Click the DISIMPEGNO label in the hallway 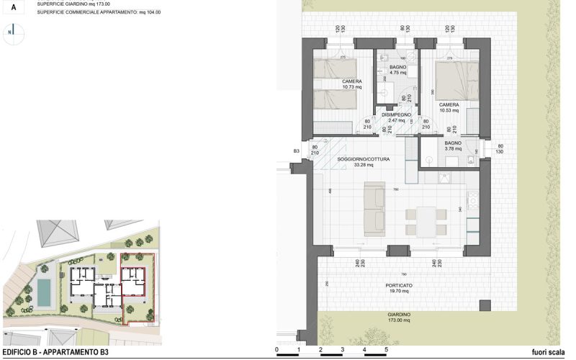(396, 114)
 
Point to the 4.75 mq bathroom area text (399, 73)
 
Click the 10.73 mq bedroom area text (351, 87)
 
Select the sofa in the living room (374, 209)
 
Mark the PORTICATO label (399, 285)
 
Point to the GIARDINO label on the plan (399, 315)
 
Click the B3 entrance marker (296, 151)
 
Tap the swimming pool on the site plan (43, 292)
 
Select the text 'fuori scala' (547, 352)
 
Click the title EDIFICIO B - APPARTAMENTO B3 (55, 352)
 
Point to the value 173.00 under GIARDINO (398, 320)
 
